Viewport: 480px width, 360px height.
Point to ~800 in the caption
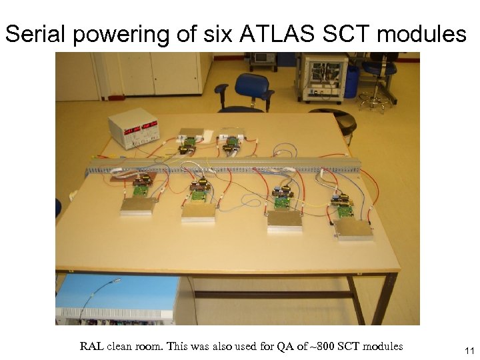pyautogui.click(x=323, y=346)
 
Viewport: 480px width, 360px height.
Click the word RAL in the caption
pyautogui.click(x=91, y=346)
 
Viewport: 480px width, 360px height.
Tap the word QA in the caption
pyautogui.click(x=296, y=346)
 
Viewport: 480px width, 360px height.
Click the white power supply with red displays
pyautogui.click(x=133, y=129)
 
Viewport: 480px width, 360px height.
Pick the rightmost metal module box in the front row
pyautogui.click(x=353, y=228)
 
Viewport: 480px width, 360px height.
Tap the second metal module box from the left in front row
pyautogui.click(x=198, y=212)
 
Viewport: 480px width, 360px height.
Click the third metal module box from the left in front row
pyautogui.click(x=285, y=220)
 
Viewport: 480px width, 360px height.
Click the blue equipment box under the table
pyautogui.click(x=113, y=300)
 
